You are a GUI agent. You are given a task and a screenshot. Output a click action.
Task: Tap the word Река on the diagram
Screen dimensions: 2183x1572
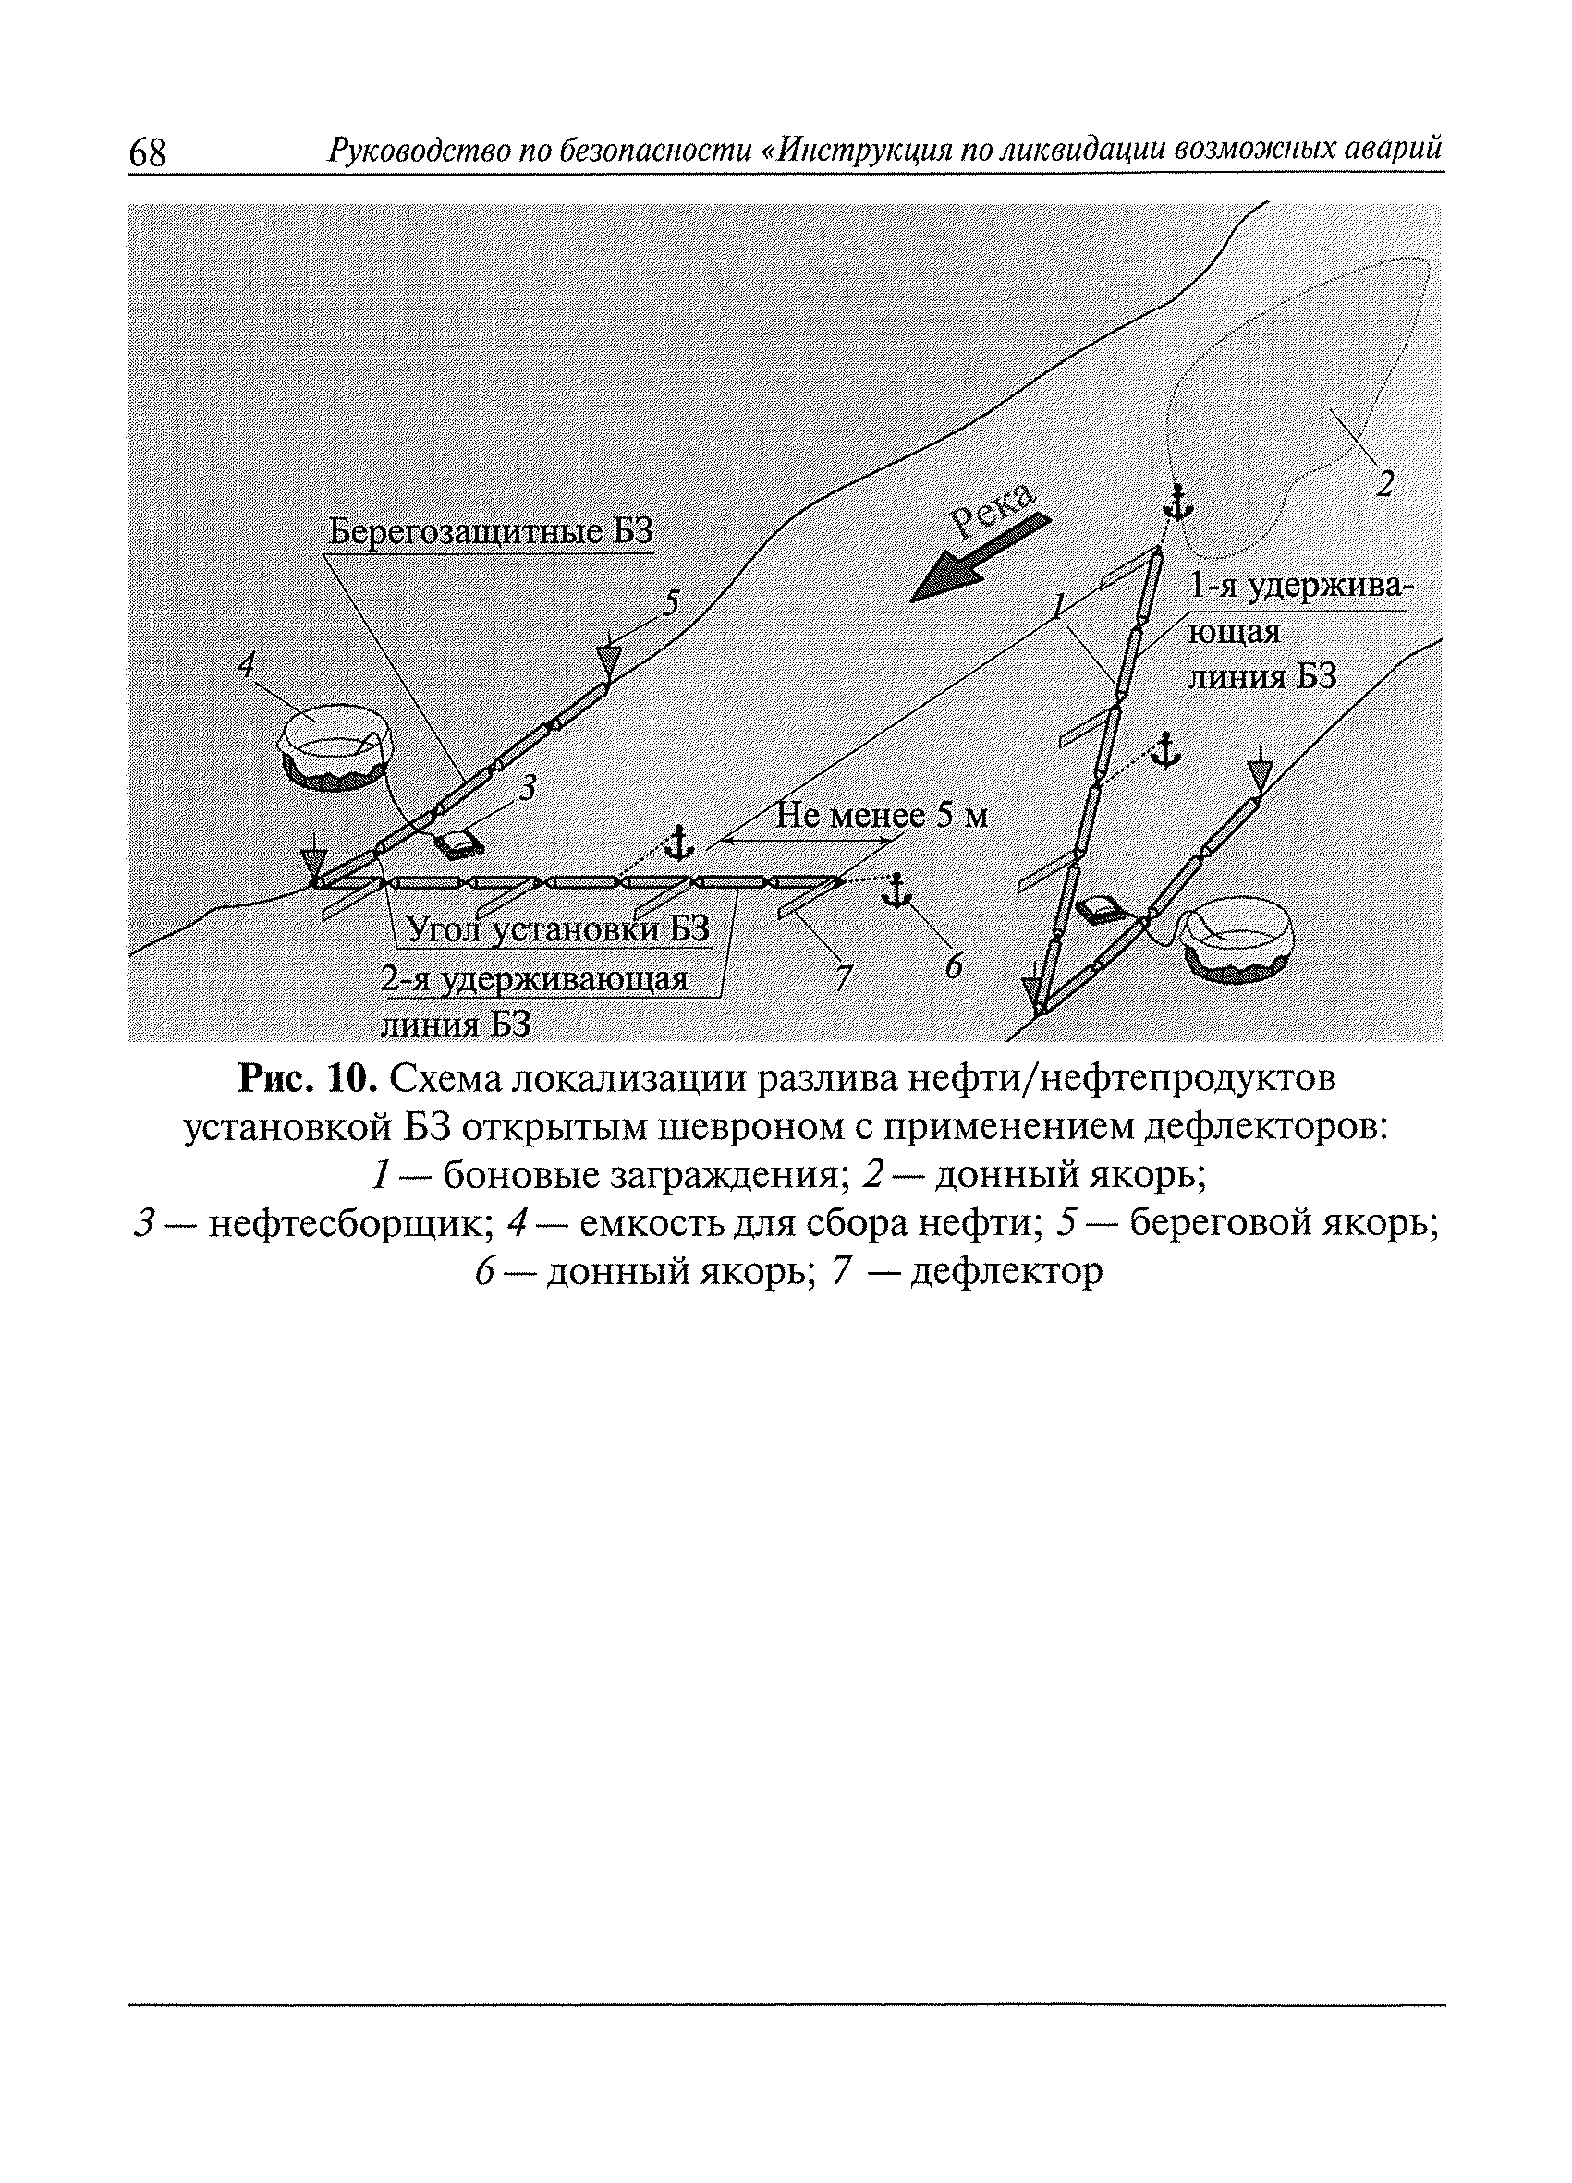pos(993,507)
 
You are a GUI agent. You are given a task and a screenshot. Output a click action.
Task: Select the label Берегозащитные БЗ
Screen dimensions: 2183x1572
pos(491,531)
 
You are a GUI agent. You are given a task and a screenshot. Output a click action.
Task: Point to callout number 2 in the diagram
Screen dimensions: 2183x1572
pos(1384,481)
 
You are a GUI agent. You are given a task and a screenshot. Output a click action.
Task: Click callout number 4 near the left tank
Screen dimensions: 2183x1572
pos(248,662)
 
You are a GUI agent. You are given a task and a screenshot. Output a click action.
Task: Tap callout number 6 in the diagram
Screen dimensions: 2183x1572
pos(953,966)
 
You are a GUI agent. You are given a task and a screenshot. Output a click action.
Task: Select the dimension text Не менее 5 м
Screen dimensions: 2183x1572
pos(881,817)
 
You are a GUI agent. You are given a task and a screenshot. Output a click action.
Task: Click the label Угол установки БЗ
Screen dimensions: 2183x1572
pos(558,928)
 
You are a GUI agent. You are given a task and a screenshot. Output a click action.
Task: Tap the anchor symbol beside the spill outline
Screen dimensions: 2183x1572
pos(1177,503)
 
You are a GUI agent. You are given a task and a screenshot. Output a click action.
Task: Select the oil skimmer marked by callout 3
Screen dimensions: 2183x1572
pos(459,844)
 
